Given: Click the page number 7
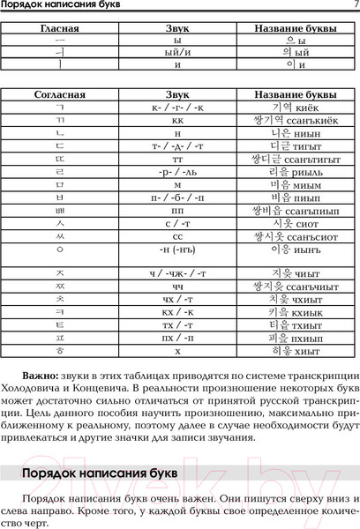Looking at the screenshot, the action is (354, 7).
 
